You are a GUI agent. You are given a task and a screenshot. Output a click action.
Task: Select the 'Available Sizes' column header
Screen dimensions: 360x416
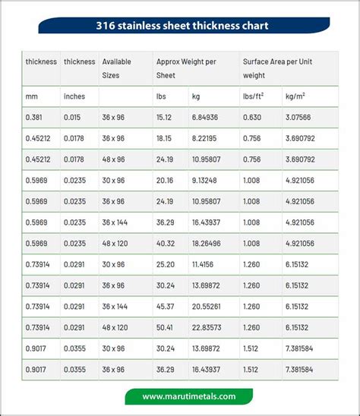point(118,68)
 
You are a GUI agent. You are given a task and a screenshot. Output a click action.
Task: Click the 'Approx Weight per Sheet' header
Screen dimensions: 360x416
point(187,68)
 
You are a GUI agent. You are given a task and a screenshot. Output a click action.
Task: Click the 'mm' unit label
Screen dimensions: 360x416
point(31,96)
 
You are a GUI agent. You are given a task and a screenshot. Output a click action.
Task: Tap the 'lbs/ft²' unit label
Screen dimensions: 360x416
point(254,96)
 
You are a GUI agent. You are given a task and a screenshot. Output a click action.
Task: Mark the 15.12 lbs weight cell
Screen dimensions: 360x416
point(166,118)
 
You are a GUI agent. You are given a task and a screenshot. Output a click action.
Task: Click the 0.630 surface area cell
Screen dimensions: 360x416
point(252,118)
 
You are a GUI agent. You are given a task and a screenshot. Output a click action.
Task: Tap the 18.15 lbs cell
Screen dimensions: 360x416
point(166,139)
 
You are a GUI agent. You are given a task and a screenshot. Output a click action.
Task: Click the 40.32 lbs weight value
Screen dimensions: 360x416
point(166,243)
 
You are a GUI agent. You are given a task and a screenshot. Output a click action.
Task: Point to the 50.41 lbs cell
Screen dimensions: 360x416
point(166,327)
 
